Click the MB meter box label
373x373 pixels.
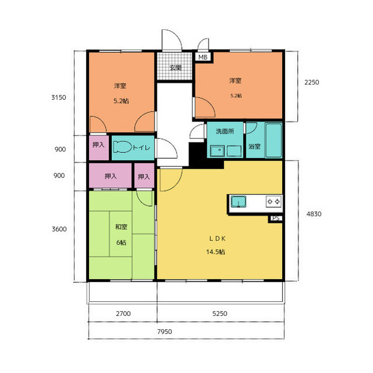203,57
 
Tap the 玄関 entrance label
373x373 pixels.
175,68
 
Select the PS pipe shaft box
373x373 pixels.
276,218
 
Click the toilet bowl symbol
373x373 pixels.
122,147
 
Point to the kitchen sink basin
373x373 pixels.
238,201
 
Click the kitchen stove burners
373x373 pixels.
273,201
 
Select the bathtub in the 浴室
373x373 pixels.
273,140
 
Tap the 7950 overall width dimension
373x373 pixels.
164,332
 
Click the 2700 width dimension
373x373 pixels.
123,313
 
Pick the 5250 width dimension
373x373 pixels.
220,313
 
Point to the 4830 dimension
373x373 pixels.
314,214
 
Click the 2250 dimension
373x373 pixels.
312,82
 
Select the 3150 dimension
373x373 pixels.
59,97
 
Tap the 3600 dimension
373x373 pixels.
59,229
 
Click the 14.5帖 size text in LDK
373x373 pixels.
216,252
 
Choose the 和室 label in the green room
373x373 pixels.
121,226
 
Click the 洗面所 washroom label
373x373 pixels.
225,131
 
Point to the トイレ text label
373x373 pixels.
141,148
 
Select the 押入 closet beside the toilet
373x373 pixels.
99,148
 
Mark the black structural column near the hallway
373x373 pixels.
198,155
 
